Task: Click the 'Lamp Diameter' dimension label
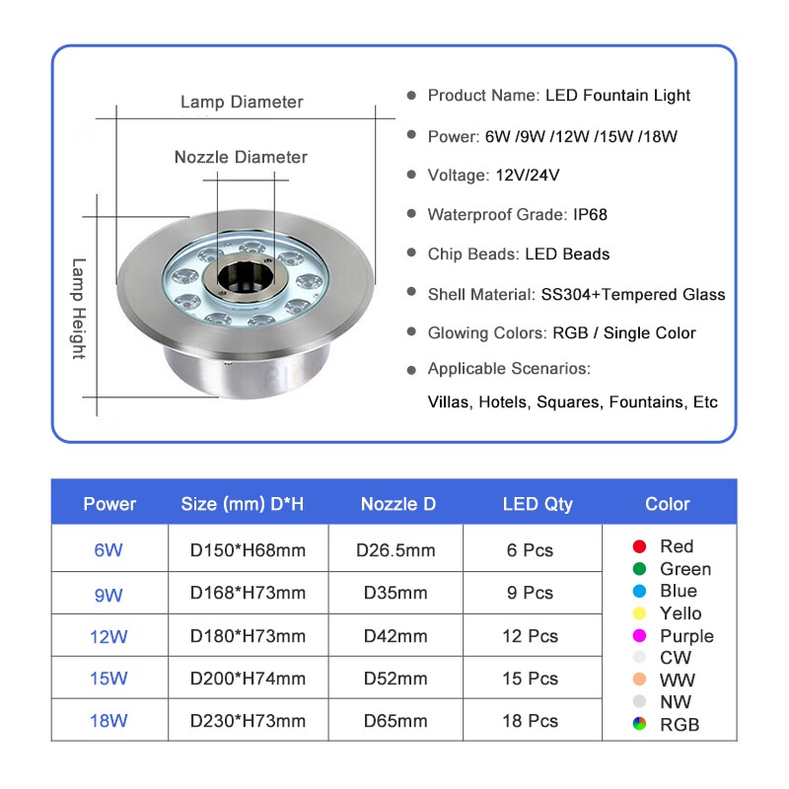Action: [241, 102]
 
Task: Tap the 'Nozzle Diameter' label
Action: [241, 157]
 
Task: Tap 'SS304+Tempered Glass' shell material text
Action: [632, 294]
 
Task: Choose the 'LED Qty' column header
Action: [537, 504]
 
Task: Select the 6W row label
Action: [108, 550]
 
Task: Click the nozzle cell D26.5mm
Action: [395, 550]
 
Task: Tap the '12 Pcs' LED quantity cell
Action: [530, 636]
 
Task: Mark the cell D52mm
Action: [395, 679]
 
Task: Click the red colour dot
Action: [639, 546]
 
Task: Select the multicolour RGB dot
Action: [639, 725]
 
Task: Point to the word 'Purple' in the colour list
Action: [686, 636]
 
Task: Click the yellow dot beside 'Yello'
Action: [639, 613]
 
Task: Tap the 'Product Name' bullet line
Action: [558, 96]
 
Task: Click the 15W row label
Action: [108, 679]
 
